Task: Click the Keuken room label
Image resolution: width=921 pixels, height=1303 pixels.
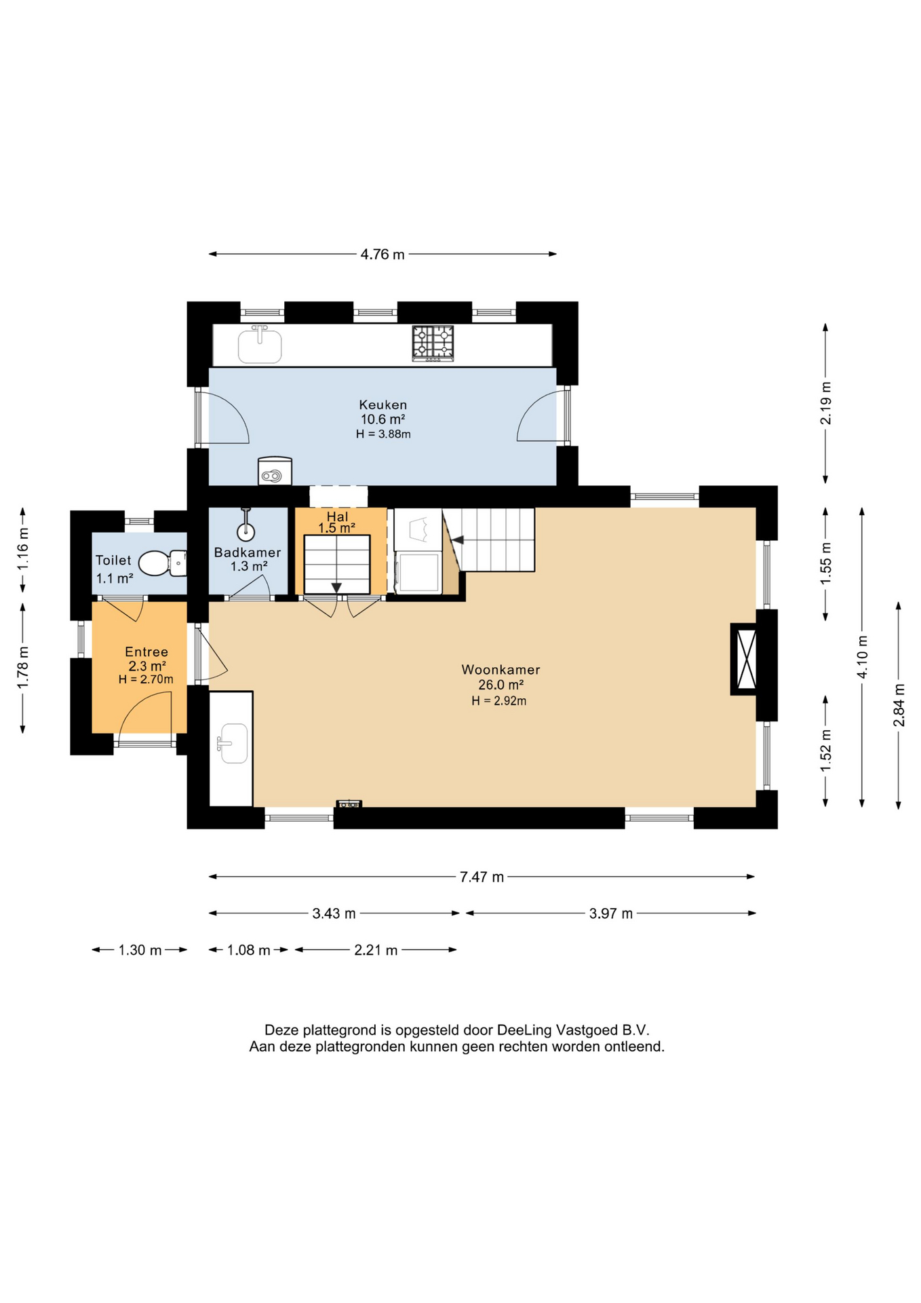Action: tap(383, 405)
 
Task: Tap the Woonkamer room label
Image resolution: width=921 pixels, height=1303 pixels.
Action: tap(501, 670)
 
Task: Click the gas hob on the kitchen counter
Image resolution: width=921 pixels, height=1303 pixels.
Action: tap(433, 343)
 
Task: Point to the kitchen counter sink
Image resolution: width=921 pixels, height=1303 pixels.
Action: tap(260, 345)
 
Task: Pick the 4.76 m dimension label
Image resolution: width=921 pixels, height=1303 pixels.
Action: tap(383, 254)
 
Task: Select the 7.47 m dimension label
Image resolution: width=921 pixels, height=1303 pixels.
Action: tap(482, 877)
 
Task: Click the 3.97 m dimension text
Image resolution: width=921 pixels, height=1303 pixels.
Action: tap(611, 913)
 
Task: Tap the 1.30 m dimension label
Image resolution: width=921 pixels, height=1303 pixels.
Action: tap(140, 950)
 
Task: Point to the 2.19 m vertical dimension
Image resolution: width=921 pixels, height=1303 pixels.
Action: tap(825, 403)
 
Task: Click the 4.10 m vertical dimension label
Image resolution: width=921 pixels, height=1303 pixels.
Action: tap(862, 656)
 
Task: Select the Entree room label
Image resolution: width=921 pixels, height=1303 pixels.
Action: tap(146, 652)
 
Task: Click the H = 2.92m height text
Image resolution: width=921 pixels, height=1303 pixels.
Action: tap(499, 701)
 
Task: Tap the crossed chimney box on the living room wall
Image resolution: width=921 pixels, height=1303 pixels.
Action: tap(743, 659)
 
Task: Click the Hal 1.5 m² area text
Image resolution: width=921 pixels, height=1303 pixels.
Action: tap(337, 528)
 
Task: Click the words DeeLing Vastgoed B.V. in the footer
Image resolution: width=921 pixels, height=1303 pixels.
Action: tap(573, 1030)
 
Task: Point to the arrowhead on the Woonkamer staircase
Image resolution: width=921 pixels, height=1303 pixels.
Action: tap(458, 540)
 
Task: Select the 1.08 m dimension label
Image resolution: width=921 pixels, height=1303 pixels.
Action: tap(249, 950)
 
